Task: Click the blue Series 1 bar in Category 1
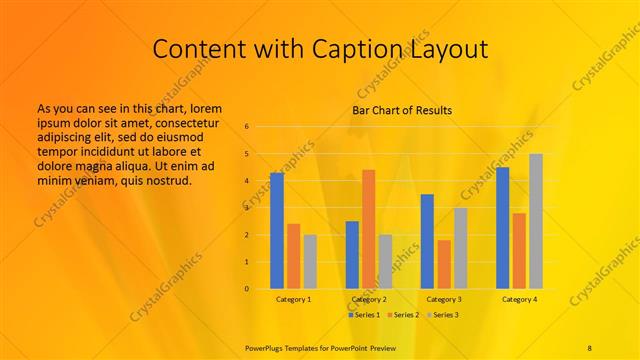[x=277, y=231]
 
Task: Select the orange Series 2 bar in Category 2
[x=368, y=229]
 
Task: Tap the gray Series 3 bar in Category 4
[x=536, y=221]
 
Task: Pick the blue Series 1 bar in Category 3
[x=427, y=241]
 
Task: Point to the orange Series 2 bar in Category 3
[x=443, y=264]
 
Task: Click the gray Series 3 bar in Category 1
[x=310, y=262]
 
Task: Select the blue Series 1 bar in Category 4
[x=502, y=228]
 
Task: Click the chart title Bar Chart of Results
[x=402, y=110]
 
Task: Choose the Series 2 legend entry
[x=403, y=315]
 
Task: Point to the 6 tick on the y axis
[x=246, y=127]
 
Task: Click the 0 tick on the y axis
[x=246, y=289]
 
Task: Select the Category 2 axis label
[x=369, y=299]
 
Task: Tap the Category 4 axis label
[x=519, y=299]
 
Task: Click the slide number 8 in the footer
[x=589, y=346]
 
